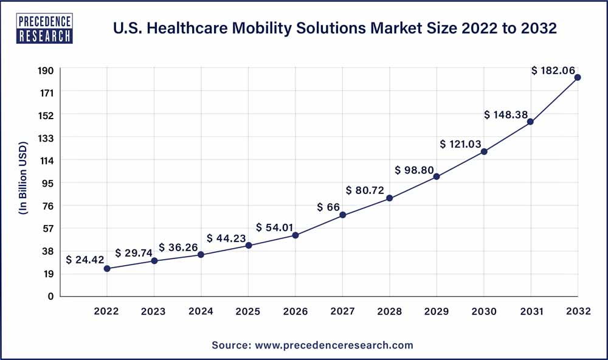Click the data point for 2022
click(107, 268)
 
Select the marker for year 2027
click(343, 215)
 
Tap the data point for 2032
click(578, 77)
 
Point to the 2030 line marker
click(484, 151)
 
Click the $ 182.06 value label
click(553, 71)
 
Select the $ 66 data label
click(328, 207)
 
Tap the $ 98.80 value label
click(414, 170)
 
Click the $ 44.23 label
click(227, 238)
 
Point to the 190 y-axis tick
click(46, 71)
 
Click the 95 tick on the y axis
click(49, 183)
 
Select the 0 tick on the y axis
click(51, 296)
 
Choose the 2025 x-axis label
click(248, 311)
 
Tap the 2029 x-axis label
click(437, 311)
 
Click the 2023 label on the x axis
click(153, 311)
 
